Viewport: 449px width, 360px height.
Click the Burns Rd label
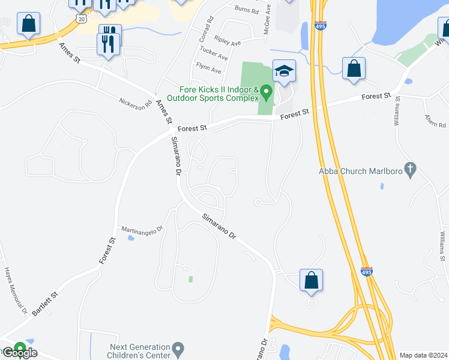pos(246,10)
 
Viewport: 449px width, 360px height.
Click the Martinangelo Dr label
pos(142,229)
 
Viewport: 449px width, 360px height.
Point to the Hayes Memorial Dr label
pos(16,291)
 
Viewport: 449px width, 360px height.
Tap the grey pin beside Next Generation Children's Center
pos(177,348)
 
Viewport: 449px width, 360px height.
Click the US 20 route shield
pos(82,19)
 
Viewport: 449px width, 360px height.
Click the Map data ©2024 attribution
pos(423,355)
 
